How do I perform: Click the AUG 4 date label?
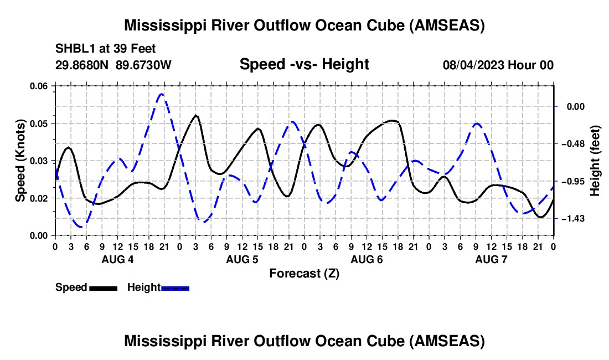pyautogui.click(x=117, y=259)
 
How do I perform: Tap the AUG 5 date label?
pyautogui.click(x=242, y=259)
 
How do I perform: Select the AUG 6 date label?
pyautogui.click(x=367, y=259)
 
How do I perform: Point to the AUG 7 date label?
pyautogui.click(x=491, y=259)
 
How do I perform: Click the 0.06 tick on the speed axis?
pyautogui.click(x=39, y=86)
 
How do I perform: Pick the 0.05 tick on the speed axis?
pyautogui.click(x=39, y=124)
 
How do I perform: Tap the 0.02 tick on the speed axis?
pyautogui.click(x=39, y=198)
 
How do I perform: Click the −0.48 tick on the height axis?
pyautogui.click(x=573, y=144)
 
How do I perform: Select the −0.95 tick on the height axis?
pyautogui.click(x=573, y=181)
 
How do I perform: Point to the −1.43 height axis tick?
pyautogui.click(x=573, y=219)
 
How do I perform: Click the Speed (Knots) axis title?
pyautogui.click(x=20, y=161)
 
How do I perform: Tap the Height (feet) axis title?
pyautogui.click(x=595, y=161)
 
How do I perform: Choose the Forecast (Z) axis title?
pyautogui.click(x=304, y=274)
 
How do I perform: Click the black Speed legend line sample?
pyautogui.click(x=104, y=288)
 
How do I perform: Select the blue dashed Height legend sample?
pyautogui.click(x=175, y=288)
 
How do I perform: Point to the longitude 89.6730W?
pyautogui.click(x=143, y=65)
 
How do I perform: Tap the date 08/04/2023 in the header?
pyautogui.click(x=473, y=65)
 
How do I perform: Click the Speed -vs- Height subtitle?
pyautogui.click(x=304, y=64)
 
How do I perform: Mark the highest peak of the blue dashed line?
pyautogui.click(x=162, y=94)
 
